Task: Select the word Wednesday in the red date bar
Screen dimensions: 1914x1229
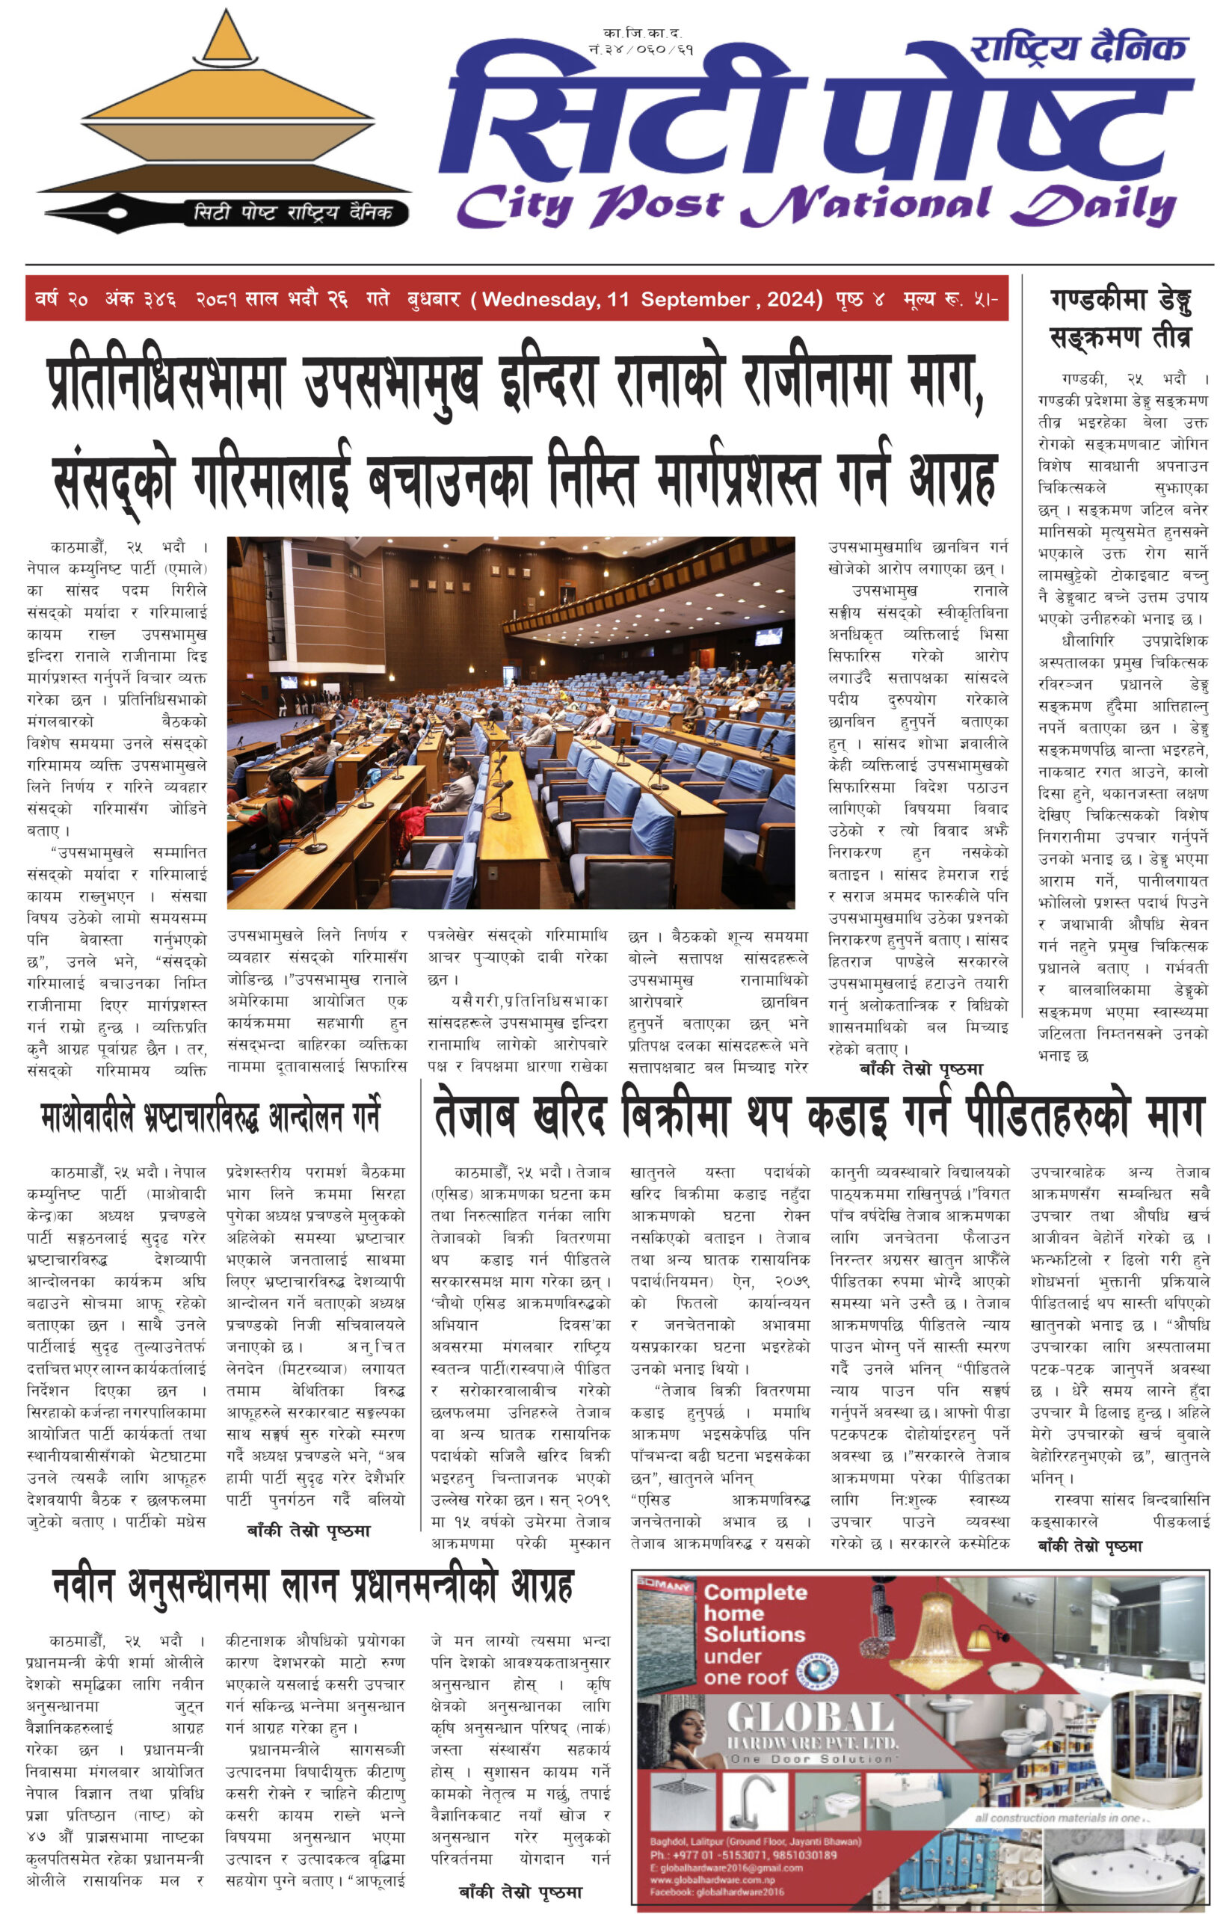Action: point(540,299)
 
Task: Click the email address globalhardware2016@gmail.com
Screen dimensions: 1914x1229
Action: point(725,1867)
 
